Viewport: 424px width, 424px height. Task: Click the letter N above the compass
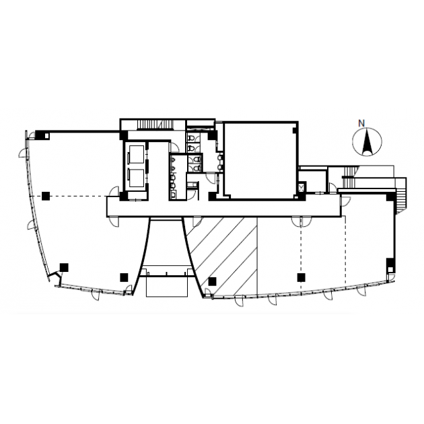(x=361, y=123)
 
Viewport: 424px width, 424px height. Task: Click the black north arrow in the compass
(x=367, y=143)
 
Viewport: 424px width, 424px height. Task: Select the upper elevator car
(x=136, y=154)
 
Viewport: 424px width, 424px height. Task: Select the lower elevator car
(x=136, y=178)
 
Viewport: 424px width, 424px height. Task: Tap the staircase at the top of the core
(x=155, y=125)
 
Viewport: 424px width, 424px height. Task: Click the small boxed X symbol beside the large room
(x=302, y=187)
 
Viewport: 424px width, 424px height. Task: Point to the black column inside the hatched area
(x=212, y=281)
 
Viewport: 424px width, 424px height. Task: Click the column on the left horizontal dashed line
(x=46, y=196)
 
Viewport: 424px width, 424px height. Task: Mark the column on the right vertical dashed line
(x=302, y=277)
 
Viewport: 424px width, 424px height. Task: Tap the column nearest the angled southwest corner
(x=64, y=267)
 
